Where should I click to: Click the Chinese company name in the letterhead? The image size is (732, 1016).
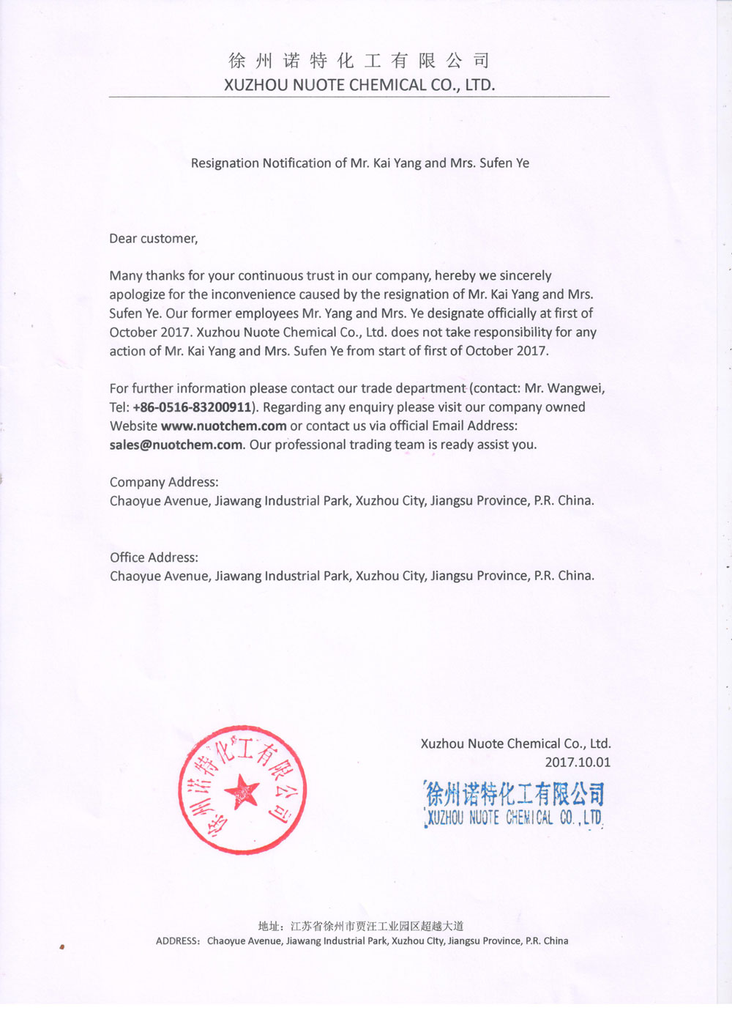[359, 61]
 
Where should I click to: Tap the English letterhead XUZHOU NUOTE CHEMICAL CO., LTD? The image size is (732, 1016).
[359, 85]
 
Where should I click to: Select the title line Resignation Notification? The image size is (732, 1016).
[359, 163]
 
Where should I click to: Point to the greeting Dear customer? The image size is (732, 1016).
[154, 239]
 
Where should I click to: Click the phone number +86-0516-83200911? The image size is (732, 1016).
[192, 407]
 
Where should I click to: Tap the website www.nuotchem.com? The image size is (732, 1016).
[223, 426]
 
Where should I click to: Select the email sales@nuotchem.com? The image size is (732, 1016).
[176, 445]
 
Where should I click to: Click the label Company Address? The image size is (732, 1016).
[164, 482]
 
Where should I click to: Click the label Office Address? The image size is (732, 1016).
[154, 557]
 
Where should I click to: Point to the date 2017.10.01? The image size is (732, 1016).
[578, 763]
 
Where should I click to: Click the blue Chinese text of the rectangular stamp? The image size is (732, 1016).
[515, 794]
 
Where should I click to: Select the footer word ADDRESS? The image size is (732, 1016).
[178, 941]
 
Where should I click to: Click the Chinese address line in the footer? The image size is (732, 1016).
[361, 926]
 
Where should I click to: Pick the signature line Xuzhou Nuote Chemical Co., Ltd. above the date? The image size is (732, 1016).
[515, 744]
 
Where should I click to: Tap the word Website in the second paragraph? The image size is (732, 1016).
[133, 426]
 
